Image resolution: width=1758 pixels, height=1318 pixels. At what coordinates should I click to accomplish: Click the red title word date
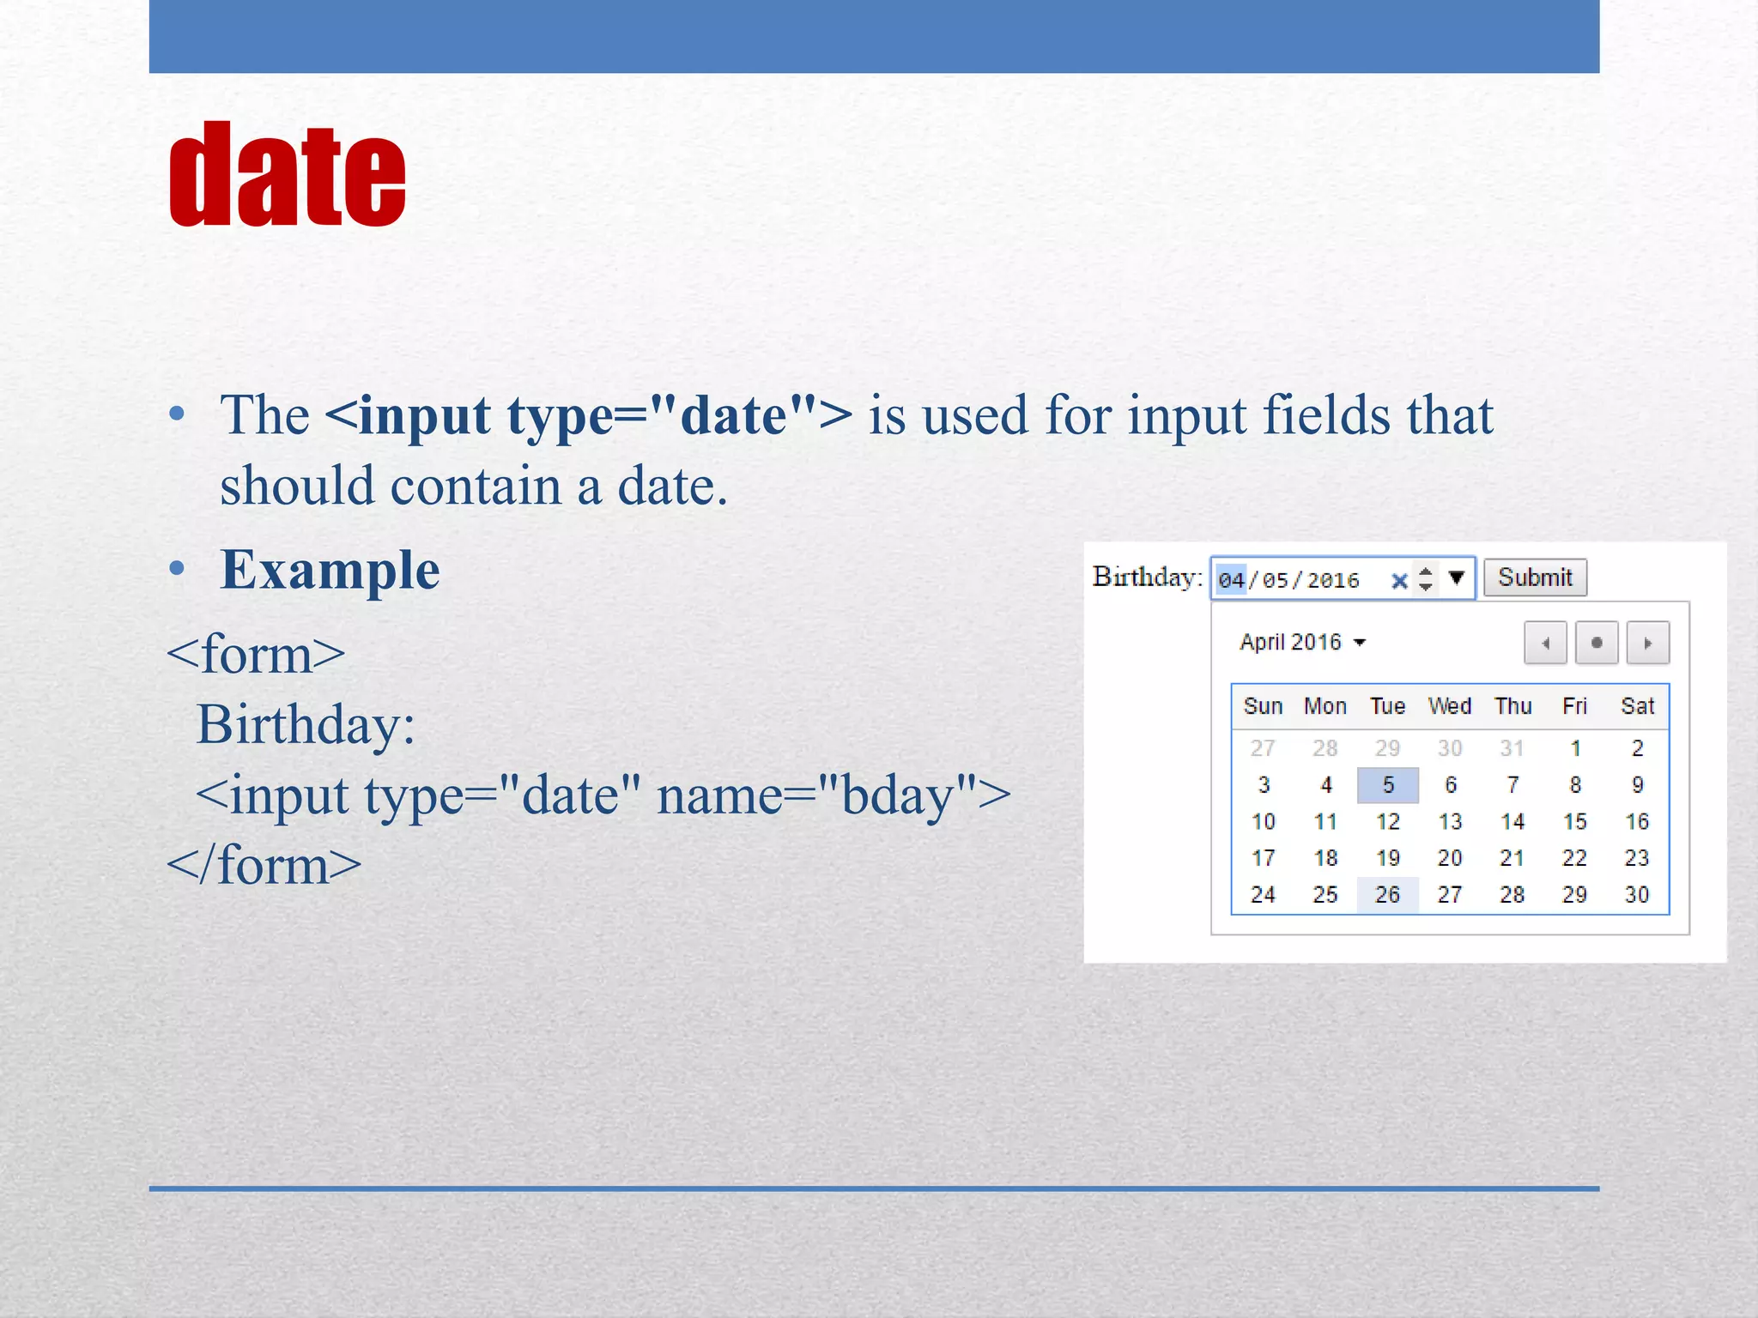pyautogui.click(x=288, y=176)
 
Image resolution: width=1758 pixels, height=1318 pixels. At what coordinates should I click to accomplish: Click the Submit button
pyautogui.click(x=1535, y=577)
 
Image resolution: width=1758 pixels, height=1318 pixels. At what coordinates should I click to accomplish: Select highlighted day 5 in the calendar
pyautogui.click(x=1388, y=785)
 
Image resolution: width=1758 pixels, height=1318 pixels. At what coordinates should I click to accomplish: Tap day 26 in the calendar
pyautogui.click(x=1387, y=895)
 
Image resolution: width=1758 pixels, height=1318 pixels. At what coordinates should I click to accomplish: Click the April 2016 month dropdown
pyautogui.click(x=1302, y=643)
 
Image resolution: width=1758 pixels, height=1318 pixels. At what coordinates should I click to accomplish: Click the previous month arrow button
pyautogui.click(x=1545, y=643)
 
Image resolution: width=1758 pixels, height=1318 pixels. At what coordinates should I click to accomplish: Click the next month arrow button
pyautogui.click(x=1647, y=643)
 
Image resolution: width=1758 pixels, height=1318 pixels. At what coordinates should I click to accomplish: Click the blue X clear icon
pyautogui.click(x=1399, y=581)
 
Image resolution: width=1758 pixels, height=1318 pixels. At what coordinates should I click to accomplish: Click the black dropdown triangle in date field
pyautogui.click(x=1456, y=577)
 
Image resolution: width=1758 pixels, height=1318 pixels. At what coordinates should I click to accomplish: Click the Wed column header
pyautogui.click(x=1450, y=706)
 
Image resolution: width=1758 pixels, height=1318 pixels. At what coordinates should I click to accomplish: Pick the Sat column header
pyautogui.click(x=1637, y=706)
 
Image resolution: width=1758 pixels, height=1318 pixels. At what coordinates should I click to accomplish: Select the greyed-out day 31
pyautogui.click(x=1512, y=748)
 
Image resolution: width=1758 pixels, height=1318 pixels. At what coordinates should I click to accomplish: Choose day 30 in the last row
pyautogui.click(x=1637, y=895)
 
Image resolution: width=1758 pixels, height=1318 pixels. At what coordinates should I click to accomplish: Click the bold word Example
pyautogui.click(x=330, y=571)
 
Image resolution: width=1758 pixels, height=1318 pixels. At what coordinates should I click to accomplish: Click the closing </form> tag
pyautogui.click(x=264, y=865)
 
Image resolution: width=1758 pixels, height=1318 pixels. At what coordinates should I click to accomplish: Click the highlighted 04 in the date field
pyautogui.click(x=1231, y=581)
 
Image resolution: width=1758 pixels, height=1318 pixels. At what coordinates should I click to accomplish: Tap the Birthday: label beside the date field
pyautogui.click(x=1147, y=577)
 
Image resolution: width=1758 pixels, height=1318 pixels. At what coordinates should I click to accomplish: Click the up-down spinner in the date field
pyautogui.click(x=1426, y=578)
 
